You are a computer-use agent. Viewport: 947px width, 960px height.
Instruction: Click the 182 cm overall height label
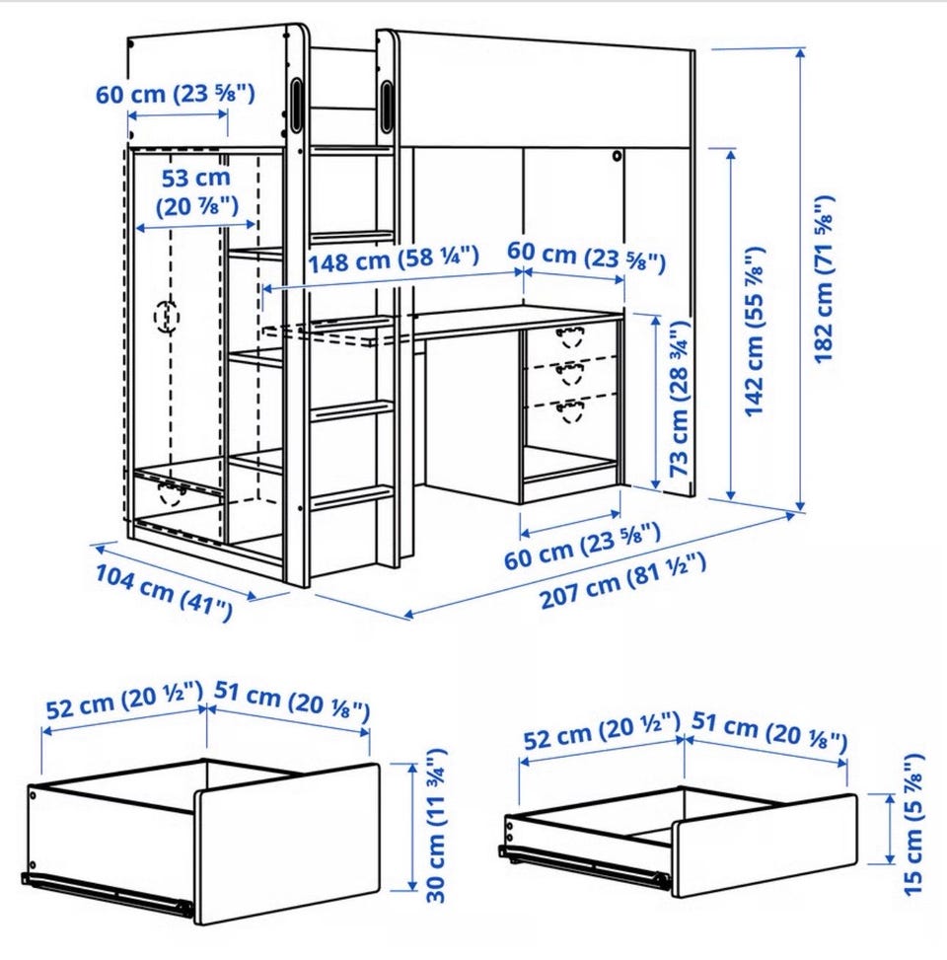tap(824, 279)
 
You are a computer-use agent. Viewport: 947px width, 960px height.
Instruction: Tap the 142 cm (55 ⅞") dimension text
tap(755, 332)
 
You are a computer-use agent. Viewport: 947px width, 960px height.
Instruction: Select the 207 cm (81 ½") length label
tap(622, 580)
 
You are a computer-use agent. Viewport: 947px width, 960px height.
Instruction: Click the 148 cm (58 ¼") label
tap(393, 259)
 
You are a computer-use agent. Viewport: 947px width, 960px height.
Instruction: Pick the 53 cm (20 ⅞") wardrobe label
tap(196, 192)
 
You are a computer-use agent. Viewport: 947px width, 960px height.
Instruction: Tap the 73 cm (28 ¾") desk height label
tap(680, 399)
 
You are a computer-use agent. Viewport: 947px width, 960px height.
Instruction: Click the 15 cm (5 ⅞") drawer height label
tap(912, 825)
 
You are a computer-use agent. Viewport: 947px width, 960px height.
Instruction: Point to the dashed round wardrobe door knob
tap(167, 317)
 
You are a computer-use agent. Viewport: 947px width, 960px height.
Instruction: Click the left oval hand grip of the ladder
tap(296, 105)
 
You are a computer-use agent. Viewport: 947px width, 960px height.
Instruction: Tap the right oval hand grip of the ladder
tap(388, 106)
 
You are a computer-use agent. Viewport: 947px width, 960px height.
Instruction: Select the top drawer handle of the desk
tap(570, 337)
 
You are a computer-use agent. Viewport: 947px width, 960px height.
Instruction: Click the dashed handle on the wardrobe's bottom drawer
tap(172, 492)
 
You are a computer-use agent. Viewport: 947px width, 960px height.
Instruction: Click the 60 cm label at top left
tap(175, 94)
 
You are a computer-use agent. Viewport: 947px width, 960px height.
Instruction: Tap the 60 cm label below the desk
tap(582, 547)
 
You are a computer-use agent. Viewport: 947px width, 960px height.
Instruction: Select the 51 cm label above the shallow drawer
tap(769, 730)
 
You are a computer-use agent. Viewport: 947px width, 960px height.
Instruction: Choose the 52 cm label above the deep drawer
tap(123, 701)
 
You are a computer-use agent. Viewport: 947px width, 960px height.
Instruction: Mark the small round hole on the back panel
tap(617, 156)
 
